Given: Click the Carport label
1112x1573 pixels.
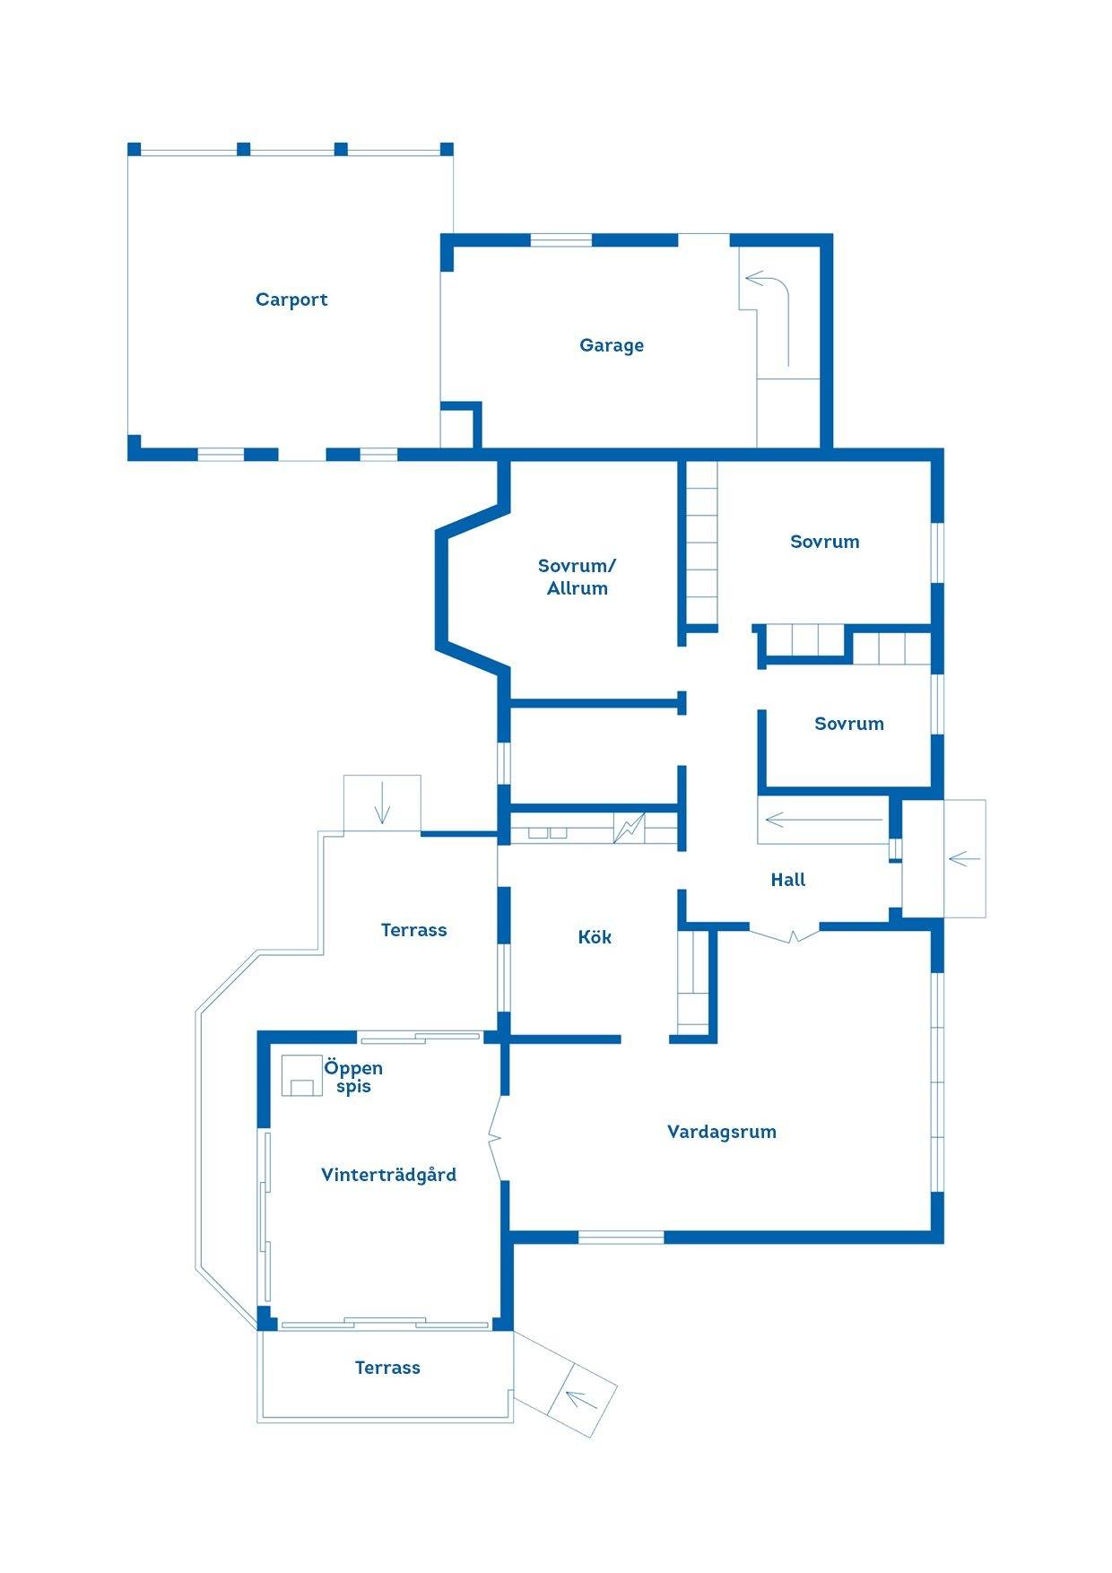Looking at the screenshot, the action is pos(291,300).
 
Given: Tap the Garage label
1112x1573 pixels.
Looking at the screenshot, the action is pos(612,345).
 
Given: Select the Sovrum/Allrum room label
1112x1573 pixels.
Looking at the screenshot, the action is pos(578,577).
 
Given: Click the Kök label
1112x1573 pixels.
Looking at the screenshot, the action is pos(595,937).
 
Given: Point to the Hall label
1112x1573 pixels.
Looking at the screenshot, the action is pos(788,880).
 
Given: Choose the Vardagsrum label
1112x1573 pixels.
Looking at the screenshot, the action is pos(722,1132).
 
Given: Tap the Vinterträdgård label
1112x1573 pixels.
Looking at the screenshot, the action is pos(388,1175).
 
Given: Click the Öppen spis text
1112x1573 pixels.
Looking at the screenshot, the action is pos(353,1077).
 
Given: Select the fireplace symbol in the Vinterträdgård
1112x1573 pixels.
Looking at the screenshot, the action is pos(301,1075).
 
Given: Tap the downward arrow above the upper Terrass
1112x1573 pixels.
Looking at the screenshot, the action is pos(383,803).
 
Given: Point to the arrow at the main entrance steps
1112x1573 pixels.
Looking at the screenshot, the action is pos(964,859).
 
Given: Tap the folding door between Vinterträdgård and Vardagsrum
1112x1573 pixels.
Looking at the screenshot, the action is pos(496,1139).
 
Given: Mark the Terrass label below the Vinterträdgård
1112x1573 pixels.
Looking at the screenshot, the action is pos(387,1368).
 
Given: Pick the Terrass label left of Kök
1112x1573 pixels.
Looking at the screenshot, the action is pos(413,930).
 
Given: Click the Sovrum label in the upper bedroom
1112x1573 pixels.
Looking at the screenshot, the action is pos(825,542).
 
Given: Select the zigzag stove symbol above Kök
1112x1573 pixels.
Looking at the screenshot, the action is pos(629,827).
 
